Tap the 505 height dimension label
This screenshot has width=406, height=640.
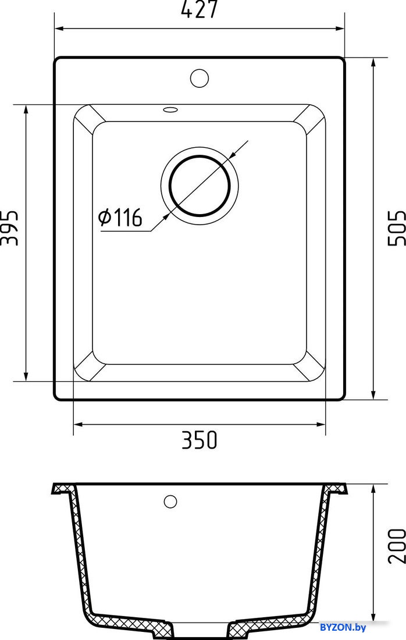[x=396, y=227]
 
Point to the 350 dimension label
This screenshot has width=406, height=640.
[x=200, y=440]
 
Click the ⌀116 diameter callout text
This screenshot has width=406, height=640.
[x=120, y=217]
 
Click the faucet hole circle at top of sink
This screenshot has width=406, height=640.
[x=200, y=78]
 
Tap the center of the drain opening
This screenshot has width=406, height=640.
[x=200, y=185]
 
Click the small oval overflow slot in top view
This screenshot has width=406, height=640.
[x=170, y=109]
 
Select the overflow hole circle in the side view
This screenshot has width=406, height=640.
[x=170, y=501]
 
